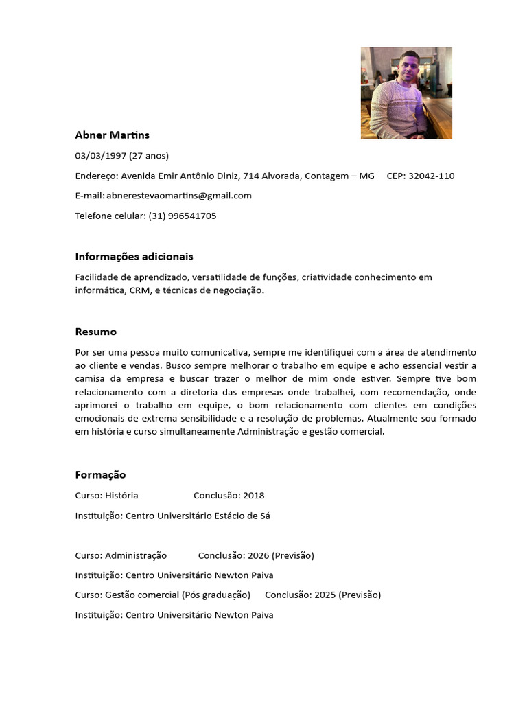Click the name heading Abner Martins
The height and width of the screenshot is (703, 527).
click(112, 135)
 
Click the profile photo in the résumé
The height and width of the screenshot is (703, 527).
click(406, 93)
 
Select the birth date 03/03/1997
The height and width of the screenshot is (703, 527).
click(100, 156)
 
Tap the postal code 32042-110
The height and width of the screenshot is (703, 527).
click(431, 176)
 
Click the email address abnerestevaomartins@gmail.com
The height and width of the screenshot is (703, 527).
click(179, 196)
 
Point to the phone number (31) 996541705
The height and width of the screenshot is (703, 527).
click(182, 216)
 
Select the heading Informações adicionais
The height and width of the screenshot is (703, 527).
click(134, 257)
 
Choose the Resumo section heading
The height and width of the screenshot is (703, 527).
click(95, 332)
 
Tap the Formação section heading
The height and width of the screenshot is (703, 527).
click(100, 475)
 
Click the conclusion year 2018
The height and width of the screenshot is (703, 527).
click(253, 496)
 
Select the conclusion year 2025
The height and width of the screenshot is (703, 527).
click(325, 595)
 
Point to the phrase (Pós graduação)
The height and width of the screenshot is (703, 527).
click(216, 595)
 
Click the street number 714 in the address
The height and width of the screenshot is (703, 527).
click(252, 176)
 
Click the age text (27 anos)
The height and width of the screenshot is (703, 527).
click(148, 156)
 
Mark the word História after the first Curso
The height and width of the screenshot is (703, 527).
click(121, 496)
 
